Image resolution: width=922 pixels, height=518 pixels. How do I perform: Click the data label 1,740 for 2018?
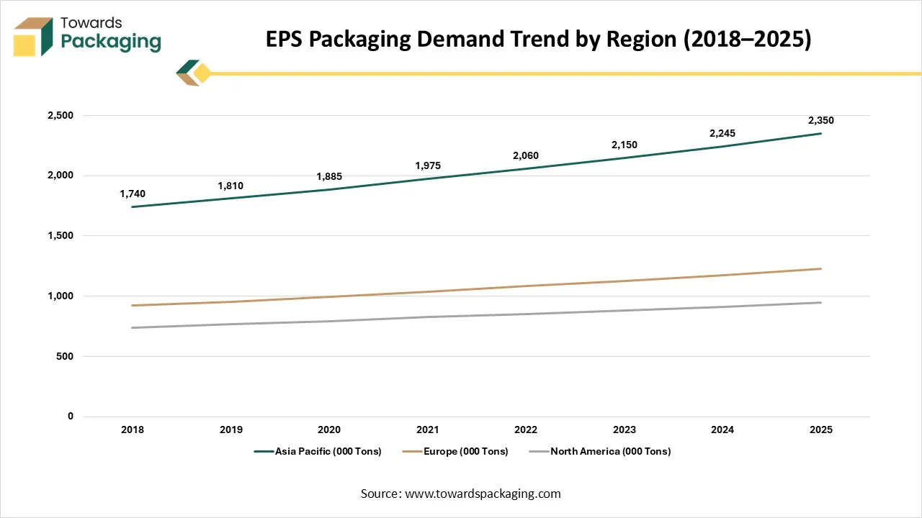click(133, 194)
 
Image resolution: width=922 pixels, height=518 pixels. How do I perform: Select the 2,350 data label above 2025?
click(820, 121)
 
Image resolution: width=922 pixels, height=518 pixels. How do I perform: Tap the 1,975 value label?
click(427, 166)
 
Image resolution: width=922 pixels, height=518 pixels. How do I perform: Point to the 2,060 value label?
click(526, 156)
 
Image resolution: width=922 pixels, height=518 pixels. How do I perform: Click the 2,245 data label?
click(722, 134)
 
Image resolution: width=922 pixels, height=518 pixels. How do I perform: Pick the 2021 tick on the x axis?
click(427, 430)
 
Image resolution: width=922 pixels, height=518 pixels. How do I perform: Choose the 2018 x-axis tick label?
click(133, 430)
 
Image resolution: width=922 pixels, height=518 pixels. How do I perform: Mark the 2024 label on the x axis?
click(722, 430)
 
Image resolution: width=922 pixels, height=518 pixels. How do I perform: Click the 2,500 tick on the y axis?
click(59, 116)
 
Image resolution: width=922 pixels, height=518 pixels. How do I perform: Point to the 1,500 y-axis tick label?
click(59, 236)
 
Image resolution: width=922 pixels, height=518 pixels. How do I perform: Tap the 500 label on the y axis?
click(65, 357)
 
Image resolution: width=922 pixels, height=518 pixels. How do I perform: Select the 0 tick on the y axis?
click(70, 417)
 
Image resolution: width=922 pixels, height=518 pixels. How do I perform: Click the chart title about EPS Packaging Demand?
click(539, 40)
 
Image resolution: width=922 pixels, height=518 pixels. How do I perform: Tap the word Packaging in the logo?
click(111, 42)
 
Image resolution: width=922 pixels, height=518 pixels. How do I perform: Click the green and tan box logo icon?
click(33, 36)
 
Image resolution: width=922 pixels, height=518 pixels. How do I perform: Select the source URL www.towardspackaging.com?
click(482, 494)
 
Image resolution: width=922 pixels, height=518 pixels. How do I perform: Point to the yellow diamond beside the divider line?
click(202, 73)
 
